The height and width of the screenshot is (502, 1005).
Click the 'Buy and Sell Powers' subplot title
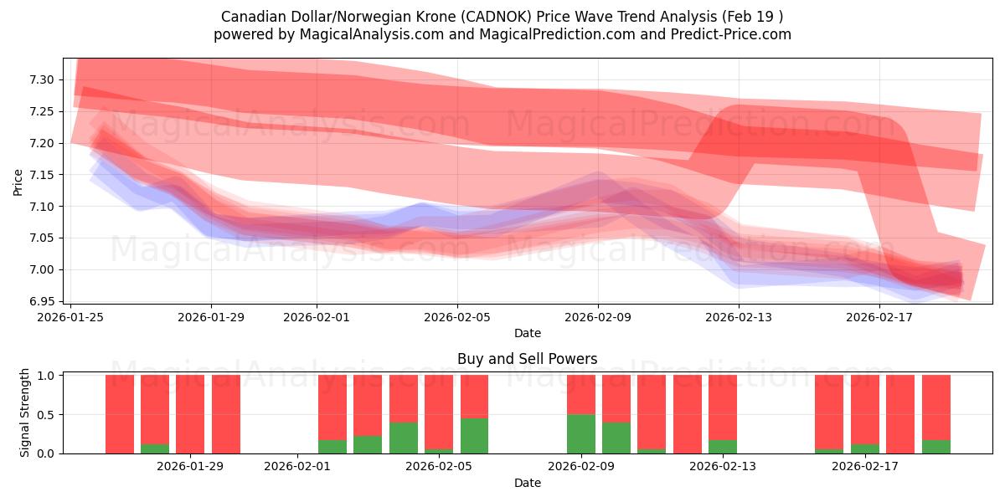tap(527, 359)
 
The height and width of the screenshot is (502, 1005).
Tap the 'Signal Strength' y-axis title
tap(25, 412)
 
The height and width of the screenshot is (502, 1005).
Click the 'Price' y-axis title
tap(18, 181)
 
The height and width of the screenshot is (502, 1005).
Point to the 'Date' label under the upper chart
tap(527, 333)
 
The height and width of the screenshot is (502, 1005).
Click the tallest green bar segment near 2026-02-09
tap(580, 433)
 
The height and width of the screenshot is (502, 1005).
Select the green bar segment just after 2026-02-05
tap(474, 435)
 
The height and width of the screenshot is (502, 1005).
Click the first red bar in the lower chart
tap(120, 414)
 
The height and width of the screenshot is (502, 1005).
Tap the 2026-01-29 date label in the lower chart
tap(191, 466)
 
